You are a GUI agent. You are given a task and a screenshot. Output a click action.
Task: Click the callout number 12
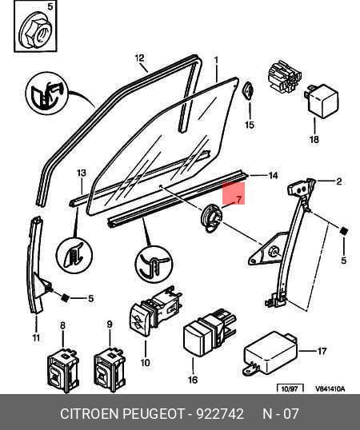click(x=140, y=58)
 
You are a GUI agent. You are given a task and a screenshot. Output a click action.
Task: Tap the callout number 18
click(x=314, y=139)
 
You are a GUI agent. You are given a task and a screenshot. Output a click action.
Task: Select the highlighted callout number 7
click(x=238, y=199)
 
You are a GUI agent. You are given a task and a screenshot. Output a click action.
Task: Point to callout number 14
click(x=273, y=176)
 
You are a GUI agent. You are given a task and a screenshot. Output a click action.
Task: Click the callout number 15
click(x=250, y=125)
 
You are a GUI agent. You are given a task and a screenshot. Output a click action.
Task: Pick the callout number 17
click(x=322, y=351)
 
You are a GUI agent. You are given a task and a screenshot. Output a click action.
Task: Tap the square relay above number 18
click(x=322, y=102)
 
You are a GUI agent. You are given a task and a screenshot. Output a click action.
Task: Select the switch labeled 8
click(x=63, y=371)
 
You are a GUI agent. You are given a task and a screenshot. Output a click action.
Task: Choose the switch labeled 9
click(x=110, y=371)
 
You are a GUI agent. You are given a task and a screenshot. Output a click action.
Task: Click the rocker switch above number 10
click(x=155, y=310)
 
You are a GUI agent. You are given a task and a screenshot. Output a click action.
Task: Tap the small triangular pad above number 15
click(x=248, y=91)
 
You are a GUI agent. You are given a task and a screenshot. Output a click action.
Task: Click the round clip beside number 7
click(x=212, y=219)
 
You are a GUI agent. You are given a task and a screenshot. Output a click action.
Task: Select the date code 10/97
click(x=290, y=388)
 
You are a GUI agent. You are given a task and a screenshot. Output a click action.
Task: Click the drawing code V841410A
click(x=330, y=388)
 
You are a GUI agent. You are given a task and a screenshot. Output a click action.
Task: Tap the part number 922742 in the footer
click(x=220, y=413)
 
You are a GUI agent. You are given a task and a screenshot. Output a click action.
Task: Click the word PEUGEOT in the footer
click(x=154, y=413)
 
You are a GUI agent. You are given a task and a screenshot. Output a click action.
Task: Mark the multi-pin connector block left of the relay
click(x=285, y=77)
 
